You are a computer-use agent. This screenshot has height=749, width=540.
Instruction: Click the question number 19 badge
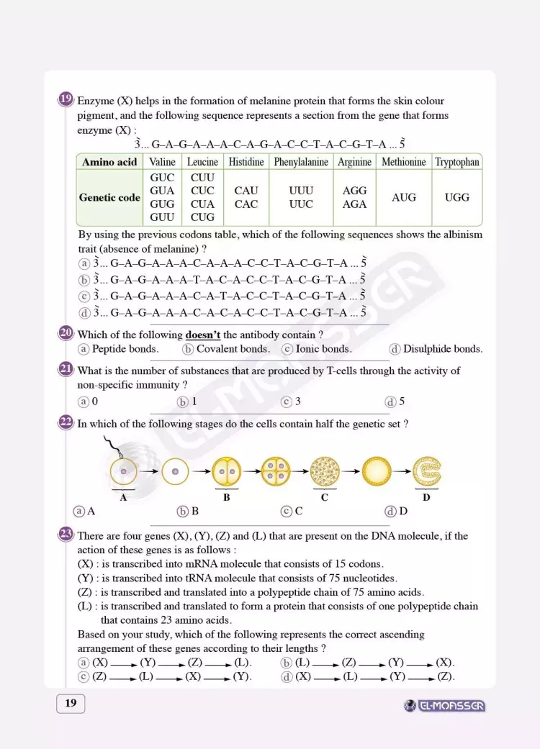point(66,100)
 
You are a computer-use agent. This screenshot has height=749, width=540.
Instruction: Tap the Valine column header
point(162,162)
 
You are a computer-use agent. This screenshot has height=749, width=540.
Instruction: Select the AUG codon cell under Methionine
point(403,197)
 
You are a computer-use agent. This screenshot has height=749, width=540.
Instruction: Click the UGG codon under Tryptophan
point(457,197)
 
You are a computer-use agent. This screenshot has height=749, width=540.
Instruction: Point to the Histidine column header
point(246,162)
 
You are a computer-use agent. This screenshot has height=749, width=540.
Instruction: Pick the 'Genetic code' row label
point(109,197)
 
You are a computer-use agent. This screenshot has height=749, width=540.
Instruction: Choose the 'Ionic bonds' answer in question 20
point(323,349)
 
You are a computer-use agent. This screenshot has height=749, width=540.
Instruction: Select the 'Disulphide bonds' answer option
point(442,349)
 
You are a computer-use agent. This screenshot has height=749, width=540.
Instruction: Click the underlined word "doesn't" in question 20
point(203,335)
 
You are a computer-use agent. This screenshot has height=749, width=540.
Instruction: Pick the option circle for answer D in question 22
point(391,512)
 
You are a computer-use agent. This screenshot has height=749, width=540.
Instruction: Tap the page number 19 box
point(71,703)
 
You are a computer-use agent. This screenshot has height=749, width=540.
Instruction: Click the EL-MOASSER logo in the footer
point(444,706)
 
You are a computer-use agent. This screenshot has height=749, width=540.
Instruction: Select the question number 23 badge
point(66,535)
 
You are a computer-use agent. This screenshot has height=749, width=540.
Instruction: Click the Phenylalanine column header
point(301,162)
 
